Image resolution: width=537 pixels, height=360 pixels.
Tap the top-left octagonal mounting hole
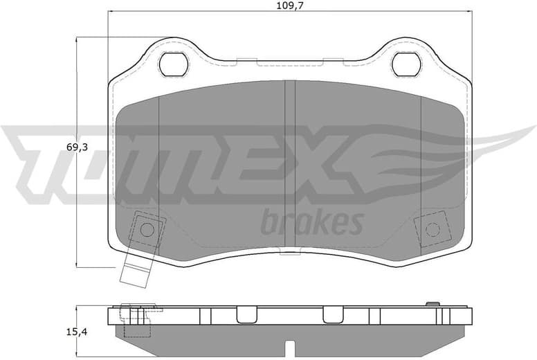(x=173, y=64)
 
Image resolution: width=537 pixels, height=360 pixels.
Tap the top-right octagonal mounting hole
(x=406, y=64)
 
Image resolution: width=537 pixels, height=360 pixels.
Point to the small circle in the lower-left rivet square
(x=147, y=229)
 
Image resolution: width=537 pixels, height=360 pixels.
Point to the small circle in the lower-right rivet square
(x=432, y=229)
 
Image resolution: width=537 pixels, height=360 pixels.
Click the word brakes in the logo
(x=311, y=224)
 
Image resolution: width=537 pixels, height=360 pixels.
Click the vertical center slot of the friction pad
(x=290, y=166)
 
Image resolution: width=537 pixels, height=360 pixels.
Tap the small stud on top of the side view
(x=433, y=304)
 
